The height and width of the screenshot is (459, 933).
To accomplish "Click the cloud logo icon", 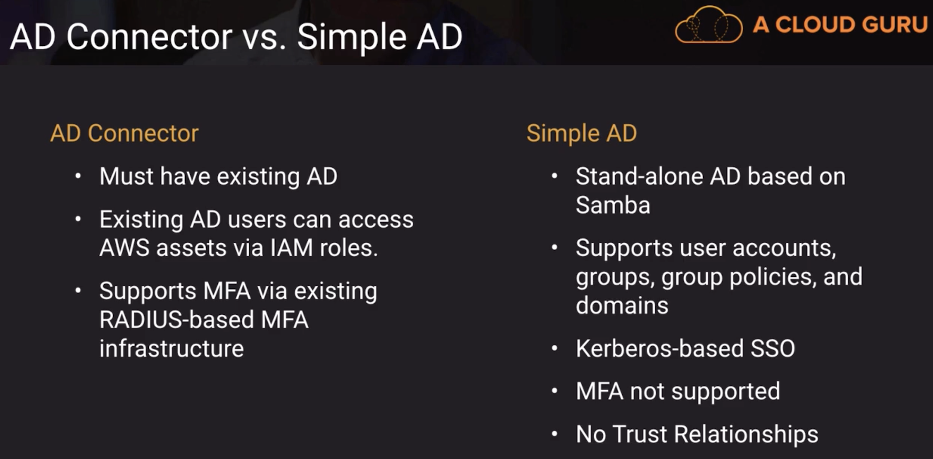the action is click(708, 24).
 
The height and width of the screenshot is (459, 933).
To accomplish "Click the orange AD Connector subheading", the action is click(124, 133).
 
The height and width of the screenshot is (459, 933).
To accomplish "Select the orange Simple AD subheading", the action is click(582, 133).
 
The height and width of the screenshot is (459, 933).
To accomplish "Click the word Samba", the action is click(613, 205).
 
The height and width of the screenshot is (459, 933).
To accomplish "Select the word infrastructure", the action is click(171, 348).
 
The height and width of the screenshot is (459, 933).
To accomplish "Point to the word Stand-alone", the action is click(639, 176).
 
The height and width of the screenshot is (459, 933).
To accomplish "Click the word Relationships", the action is click(746, 434).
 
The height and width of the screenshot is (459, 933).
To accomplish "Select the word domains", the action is click(622, 305).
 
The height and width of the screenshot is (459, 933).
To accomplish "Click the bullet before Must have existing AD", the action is click(78, 176).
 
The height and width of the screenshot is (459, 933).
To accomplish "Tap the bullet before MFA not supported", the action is click(554, 391).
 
